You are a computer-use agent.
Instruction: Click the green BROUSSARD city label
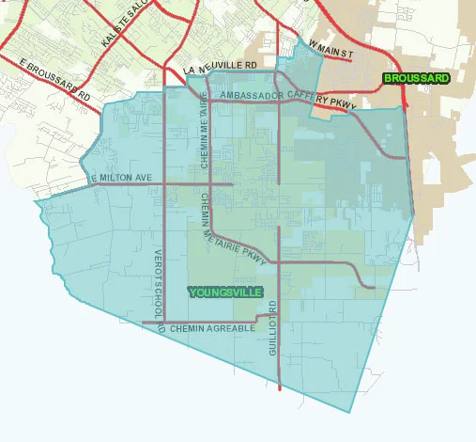[x=415, y=78]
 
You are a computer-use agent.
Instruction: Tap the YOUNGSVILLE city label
[x=225, y=292]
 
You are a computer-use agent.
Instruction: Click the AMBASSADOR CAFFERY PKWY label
[x=285, y=99]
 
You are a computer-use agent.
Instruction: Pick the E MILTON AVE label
[x=122, y=178]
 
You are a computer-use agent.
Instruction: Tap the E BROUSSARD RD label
[x=55, y=80]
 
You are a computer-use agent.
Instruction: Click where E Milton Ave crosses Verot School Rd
[x=165, y=184]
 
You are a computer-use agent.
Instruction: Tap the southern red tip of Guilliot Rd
[x=280, y=387]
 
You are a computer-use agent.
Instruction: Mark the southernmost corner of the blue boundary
[x=349, y=412]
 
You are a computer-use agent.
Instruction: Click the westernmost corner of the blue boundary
[x=36, y=202]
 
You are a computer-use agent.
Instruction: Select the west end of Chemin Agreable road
[x=143, y=323]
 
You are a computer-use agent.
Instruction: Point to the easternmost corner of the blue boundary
[x=414, y=213]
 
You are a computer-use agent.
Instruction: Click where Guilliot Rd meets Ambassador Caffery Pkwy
[x=279, y=103]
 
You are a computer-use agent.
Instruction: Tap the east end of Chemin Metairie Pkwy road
[x=374, y=287]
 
